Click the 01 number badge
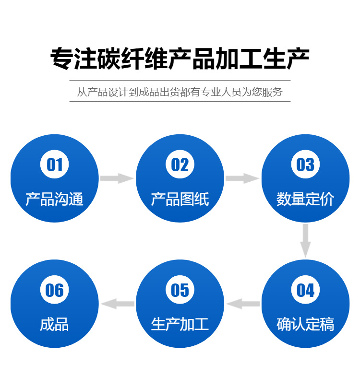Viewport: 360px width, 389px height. (x=54, y=164)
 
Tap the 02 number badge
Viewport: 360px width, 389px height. (x=180, y=164)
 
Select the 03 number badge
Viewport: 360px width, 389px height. (x=305, y=164)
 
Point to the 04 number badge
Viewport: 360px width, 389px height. (x=305, y=290)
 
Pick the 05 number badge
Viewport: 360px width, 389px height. (x=180, y=290)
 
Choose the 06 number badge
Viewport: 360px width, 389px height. (x=54, y=290)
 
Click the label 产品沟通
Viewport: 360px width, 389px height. (x=54, y=199)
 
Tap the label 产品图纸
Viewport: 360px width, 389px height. (x=180, y=199)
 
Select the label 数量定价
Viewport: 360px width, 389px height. (x=305, y=199)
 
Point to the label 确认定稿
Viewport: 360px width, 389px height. (x=305, y=324)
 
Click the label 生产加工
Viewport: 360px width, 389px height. (x=180, y=324)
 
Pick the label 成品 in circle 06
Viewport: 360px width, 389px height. (x=54, y=324)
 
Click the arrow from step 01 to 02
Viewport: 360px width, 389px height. (x=117, y=178)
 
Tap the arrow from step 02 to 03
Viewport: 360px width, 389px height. (x=242, y=178)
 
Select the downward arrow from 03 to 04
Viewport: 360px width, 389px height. (x=305, y=241)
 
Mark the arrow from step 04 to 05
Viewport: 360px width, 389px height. (x=243, y=304)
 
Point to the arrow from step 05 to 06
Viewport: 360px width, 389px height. (x=118, y=304)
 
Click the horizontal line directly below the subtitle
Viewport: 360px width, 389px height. (x=180, y=102)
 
